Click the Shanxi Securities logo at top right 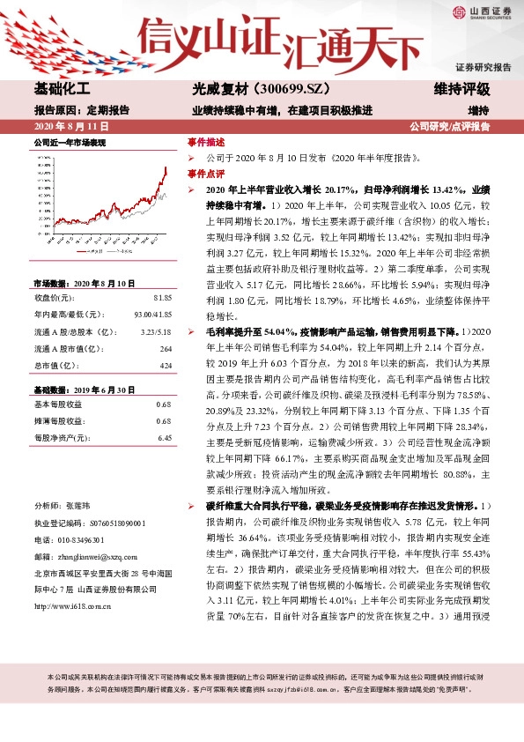[483, 11]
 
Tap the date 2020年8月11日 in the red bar [65, 127]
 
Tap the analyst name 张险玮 [77, 508]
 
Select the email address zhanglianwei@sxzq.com [92, 556]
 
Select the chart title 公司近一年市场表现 [69, 141]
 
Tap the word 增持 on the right [478, 111]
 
